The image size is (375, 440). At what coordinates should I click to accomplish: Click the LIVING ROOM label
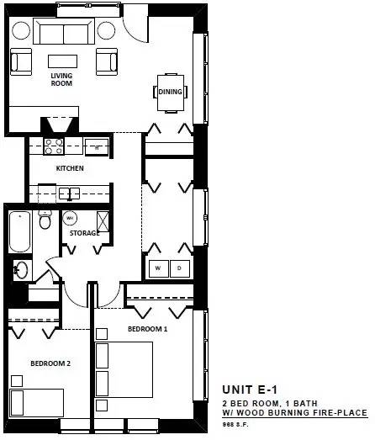click(61, 79)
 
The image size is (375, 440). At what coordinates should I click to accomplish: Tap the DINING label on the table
click(170, 92)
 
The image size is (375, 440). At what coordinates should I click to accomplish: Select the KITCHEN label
click(70, 168)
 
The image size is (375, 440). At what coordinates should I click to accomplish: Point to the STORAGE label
click(84, 233)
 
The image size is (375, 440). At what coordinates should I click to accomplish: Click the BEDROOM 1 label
click(147, 329)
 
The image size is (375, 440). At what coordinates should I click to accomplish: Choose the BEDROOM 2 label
click(50, 363)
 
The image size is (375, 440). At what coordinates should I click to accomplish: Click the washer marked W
click(158, 268)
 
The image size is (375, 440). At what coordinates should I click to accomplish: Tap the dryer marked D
click(180, 268)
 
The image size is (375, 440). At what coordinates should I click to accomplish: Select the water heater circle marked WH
click(70, 218)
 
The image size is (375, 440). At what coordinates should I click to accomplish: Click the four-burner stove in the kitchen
click(54, 146)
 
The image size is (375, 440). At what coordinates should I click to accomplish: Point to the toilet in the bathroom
click(45, 220)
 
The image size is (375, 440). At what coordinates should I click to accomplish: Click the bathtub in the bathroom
click(19, 232)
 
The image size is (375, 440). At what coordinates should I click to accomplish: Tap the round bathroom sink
click(21, 270)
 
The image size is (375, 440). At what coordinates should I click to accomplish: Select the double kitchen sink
click(70, 193)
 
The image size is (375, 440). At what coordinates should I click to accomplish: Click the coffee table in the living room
click(62, 61)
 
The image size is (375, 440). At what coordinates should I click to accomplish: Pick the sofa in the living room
click(64, 31)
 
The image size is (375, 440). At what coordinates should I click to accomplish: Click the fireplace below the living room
click(60, 125)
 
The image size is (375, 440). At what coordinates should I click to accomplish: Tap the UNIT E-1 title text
click(250, 390)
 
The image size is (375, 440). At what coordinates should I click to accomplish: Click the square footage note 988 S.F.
click(235, 424)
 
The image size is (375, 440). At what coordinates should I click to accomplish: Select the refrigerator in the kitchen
click(97, 146)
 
